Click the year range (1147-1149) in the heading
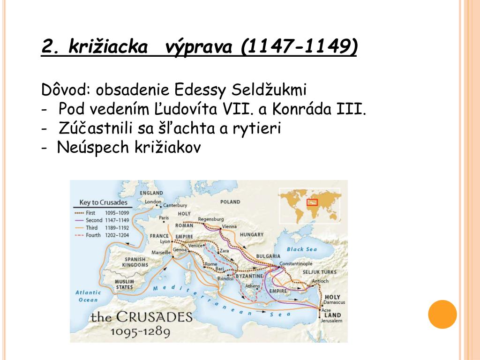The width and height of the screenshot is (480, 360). pyautogui.click(x=300, y=46)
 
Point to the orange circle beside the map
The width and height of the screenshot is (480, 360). pyautogui.click(x=442, y=314)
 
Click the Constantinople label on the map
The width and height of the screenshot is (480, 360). pyautogui.click(x=295, y=263)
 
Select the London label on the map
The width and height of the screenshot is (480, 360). pyautogui.click(x=153, y=202)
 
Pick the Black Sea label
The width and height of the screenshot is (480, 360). pyautogui.click(x=302, y=249)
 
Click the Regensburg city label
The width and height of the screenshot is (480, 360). pyautogui.click(x=212, y=219)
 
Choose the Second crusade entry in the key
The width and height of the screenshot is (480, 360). pyautogui.click(x=101, y=220)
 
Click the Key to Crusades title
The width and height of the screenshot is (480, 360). pyautogui.click(x=103, y=203)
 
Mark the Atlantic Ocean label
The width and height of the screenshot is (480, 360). pyautogui.click(x=88, y=296)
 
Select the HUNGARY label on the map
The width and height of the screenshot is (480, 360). pyautogui.click(x=251, y=234)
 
